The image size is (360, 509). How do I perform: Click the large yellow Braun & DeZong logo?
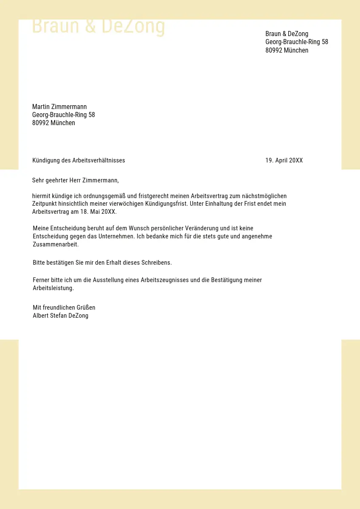pos(98,26)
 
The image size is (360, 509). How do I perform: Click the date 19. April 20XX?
pos(284,160)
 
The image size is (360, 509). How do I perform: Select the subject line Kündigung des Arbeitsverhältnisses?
pos(79,160)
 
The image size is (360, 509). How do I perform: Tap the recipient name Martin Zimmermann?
pos(59,106)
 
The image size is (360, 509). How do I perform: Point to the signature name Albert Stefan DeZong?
pos(61,316)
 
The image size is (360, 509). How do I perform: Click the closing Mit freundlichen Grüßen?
pos(64,308)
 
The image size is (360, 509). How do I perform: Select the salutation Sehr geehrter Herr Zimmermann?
pos(75,180)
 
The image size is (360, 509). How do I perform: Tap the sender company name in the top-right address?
pos(287,34)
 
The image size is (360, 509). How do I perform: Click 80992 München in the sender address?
pos(287,50)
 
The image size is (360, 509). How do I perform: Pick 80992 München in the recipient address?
pos(53,123)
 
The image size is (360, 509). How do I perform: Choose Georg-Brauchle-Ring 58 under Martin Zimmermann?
pos(64,115)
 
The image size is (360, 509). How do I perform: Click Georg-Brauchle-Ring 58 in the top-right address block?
pos(297,42)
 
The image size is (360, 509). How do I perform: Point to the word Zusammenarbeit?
pos(55,245)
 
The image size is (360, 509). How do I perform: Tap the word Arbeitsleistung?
pos(53,288)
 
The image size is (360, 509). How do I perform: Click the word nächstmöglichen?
pos(264,196)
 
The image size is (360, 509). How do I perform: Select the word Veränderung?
pos(200,228)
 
